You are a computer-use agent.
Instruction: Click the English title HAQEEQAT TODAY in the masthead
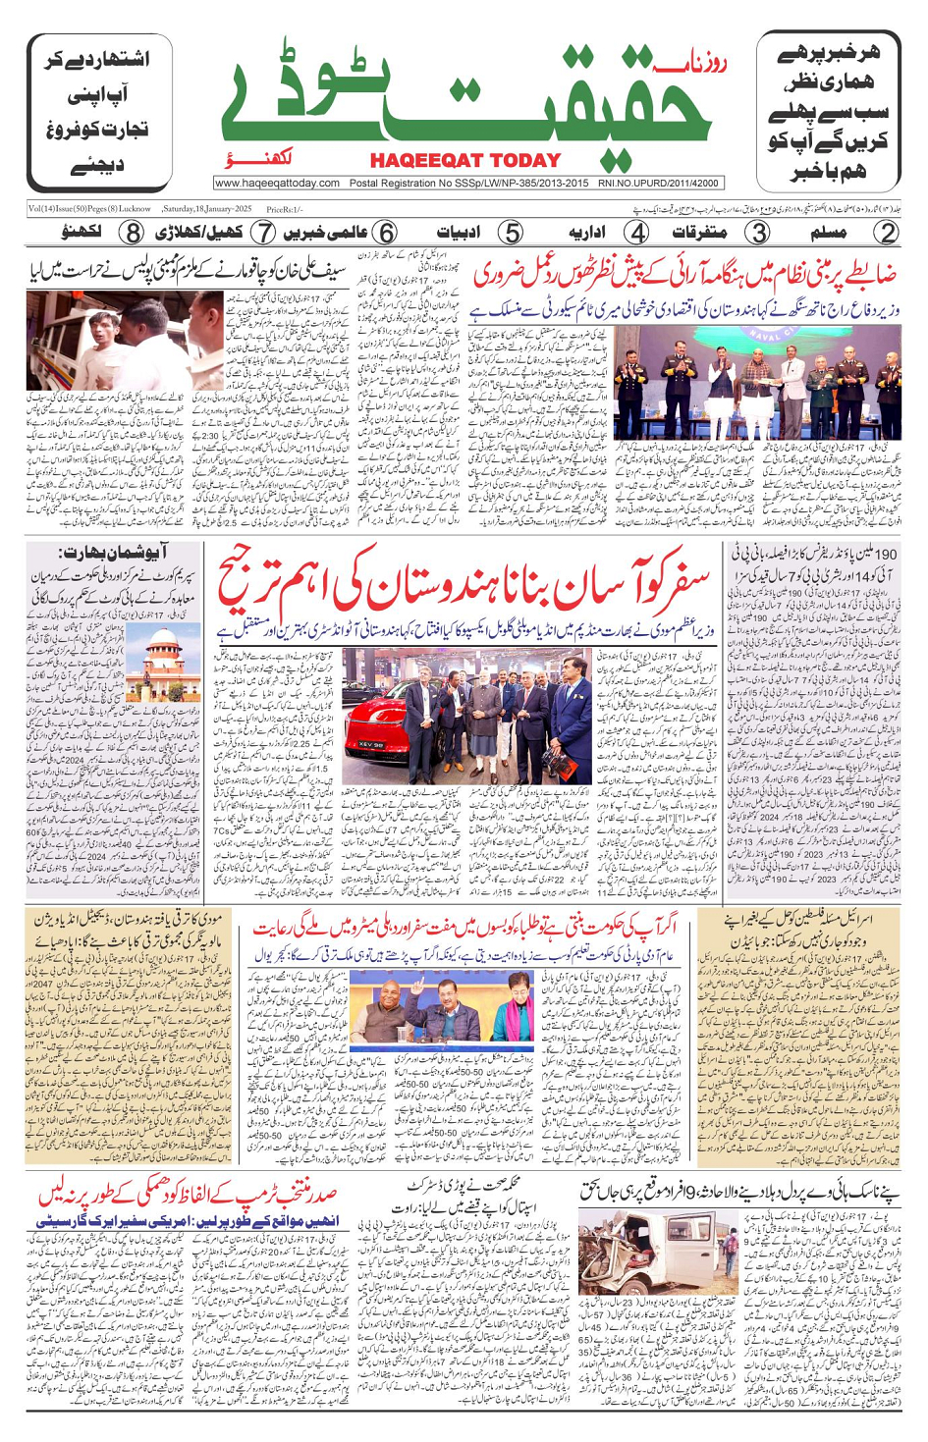point(465,160)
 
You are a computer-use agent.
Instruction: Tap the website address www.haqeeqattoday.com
point(277,183)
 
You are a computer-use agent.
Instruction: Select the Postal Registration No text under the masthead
point(468,183)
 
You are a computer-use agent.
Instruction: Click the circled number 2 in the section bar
point(886,234)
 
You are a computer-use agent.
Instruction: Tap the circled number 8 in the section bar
point(132,234)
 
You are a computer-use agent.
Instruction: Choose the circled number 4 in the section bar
point(637,234)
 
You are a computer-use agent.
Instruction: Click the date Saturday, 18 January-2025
point(207,209)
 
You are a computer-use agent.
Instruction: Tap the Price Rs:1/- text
point(285,209)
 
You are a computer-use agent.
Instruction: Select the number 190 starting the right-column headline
point(881,555)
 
